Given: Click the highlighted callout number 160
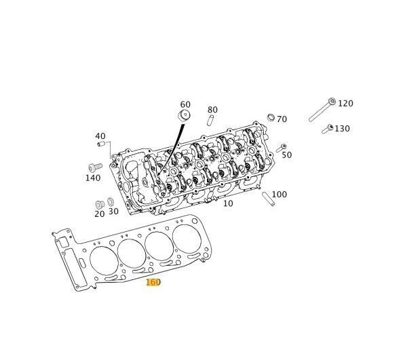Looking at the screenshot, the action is coord(153,282).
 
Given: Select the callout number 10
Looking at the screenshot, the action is coord(228,203).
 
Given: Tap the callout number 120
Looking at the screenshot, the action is coord(345,104).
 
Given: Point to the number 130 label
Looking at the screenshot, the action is coord(342,129).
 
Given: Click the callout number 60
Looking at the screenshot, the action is coord(185,104).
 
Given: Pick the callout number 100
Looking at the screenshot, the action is coord(279,195).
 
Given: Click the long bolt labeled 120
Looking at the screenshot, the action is coord(322,110).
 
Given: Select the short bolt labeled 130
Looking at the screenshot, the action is coord(328,129).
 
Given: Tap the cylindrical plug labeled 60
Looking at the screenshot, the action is coord(184,115).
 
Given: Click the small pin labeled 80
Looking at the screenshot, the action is coord(210,121).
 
